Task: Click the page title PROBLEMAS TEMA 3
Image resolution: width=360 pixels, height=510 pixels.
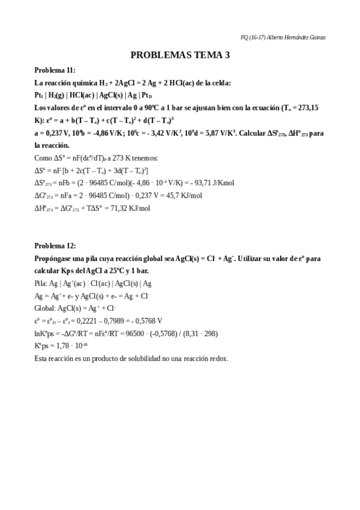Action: (x=180, y=55)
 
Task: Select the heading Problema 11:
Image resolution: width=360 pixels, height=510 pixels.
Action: (x=55, y=70)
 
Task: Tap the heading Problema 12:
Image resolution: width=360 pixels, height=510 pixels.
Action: (x=55, y=245)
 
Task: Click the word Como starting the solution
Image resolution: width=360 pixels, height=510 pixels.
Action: (x=43, y=158)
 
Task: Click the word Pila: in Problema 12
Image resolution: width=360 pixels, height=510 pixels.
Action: (x=41, y=283)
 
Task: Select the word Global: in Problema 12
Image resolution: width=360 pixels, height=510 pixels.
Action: (x=45, y=308)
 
